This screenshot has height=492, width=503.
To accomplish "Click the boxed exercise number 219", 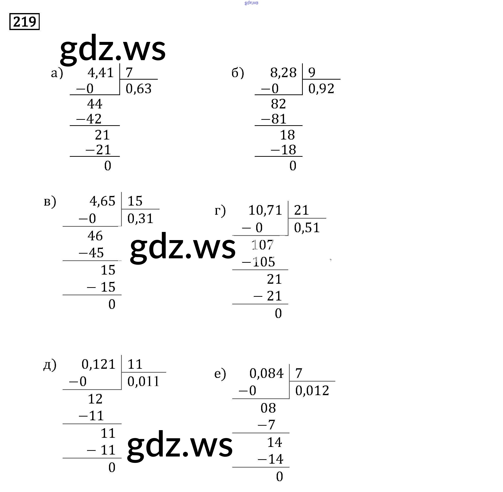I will [x=25, y=22].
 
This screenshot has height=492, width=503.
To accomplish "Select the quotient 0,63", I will [x=139, y=89].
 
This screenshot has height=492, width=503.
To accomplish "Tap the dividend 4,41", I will [x=101, y=73].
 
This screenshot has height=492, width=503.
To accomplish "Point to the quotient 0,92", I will [x=321, y=89].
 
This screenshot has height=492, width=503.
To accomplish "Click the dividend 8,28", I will [x=283, y=73].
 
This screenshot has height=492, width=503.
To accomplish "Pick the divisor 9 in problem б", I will [x=312, y=73].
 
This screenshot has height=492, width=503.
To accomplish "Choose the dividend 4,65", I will [x=102, y=201].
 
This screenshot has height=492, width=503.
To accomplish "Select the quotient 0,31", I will [x=140, y=219].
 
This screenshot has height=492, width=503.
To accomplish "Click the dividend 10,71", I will [x=265, y=210].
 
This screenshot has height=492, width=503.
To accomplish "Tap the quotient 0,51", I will [x=307, y=228].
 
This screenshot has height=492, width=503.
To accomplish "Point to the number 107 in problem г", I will [x=263, y=245].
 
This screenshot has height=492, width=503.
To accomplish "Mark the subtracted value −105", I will [x=258, y=262].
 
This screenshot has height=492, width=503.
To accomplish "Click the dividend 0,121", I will [x=98, y=364].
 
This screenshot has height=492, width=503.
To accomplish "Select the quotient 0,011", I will [x=144, y=382].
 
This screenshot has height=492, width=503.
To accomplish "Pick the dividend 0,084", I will [x=267, y=373].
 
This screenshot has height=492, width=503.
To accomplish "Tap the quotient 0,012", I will [x=312, y=390].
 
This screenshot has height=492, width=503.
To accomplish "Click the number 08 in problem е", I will [x=268, y=408].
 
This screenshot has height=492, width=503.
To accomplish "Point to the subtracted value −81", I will [x=274, y=119].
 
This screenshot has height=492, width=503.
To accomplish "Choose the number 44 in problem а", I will [x=95, y=104].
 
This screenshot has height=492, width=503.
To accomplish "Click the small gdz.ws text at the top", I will [x=251, y=3].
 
